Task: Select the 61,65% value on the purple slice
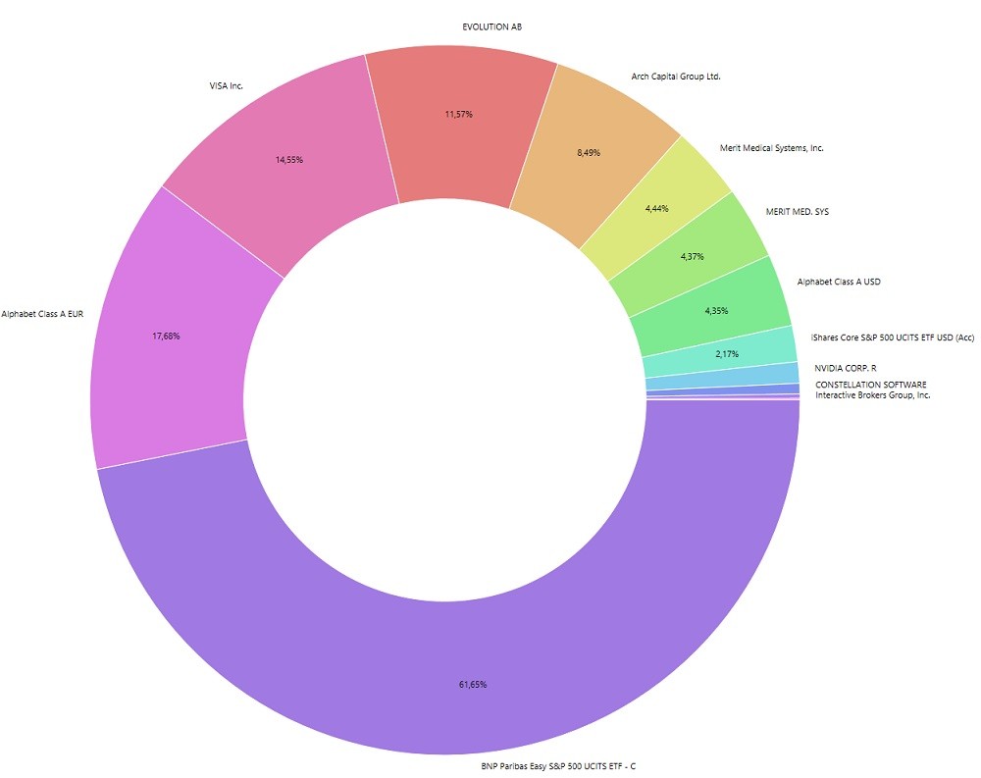click(x=473, y=684)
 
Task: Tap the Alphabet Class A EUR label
click(x=42, y=315)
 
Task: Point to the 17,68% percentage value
click(x=166, y=337)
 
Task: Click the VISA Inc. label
click(x=226, y=86)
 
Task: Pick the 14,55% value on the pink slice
click(x=288, y=159)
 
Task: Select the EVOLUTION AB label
click(x=491, y=26)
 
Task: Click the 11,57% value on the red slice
click(x=458, y=115)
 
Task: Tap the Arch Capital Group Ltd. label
click(x=677, y=76)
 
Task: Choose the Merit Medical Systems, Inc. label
click(x=771, y=148)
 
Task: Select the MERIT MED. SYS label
click(x=797, y=212)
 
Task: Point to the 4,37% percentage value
click(x=692, y=257)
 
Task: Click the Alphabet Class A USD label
click(x=839, y=283)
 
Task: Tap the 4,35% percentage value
click(x=716, y=311)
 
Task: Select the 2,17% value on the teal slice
click(x=727, y=353)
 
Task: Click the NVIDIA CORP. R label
click(x=845, y=368)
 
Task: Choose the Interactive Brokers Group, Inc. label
click(x=872, y=395)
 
